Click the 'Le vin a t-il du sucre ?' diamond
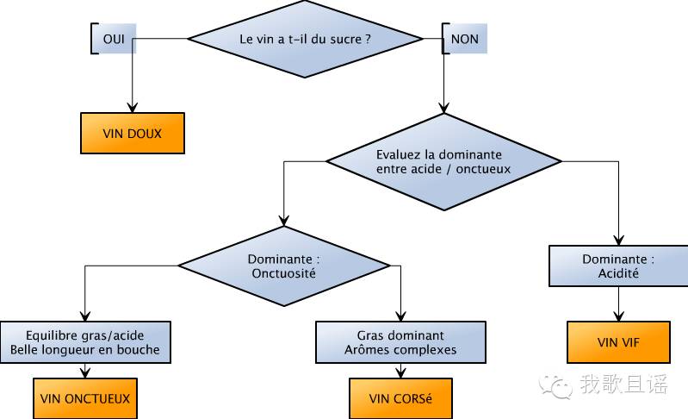pyautogui.click(x=305, y=38)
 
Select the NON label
pyautogui.click(x=464, y=39)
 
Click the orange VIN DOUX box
pyautogui.click(x=132, y=133)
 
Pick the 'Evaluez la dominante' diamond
pyautogui.click(x=443, y=161)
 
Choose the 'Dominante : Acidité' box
pyautogui.click(x=618, y=266)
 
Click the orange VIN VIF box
pyautogui.click(x=618, y=341)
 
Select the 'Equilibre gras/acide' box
pyautogui.click(x=85, y=342)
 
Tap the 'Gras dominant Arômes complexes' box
pyautogui.click(x=400, y=342)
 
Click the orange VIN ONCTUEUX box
pyautogui.click(x=85, y=398)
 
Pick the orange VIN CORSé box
pyautogui.click(x=400, y=398)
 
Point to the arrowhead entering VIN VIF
pyautogui.click(x=618, y=316)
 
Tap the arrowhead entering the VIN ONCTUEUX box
pyautogui.click(x=85, y=372)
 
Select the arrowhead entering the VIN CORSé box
pyautogui.click(x=400, y=372)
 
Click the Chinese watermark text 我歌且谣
pyautogui.click(x=623, y=385)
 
